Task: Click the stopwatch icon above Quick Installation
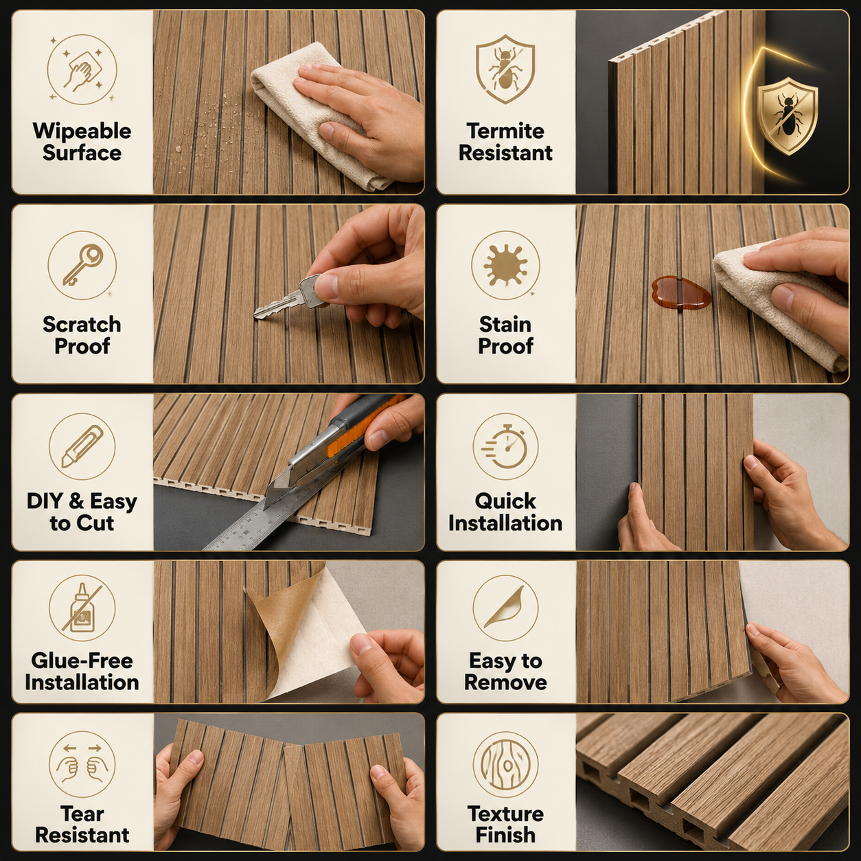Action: pos(505,446)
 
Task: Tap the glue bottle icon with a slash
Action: pos(82,608)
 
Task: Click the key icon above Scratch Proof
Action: pos(82,265)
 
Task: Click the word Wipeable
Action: pos(82,131)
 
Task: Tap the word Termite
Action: pos(505,131)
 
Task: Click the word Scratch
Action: pos(82,324)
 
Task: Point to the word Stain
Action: pos(505,324)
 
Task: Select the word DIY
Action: pos(45,501)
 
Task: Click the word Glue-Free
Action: pos(82,661)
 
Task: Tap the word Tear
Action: pos(82,814)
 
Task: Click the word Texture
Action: pos(505,814)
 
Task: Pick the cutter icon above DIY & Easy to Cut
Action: pos(82,446)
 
